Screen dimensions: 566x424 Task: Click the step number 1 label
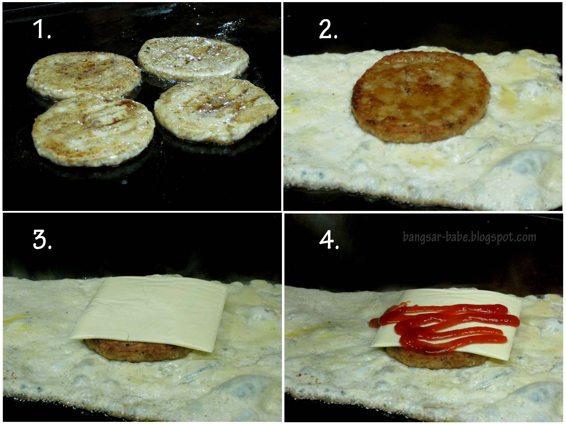click(42, 29)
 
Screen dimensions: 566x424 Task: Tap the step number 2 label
click(328, 29)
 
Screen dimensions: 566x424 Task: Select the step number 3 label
click(42, 240)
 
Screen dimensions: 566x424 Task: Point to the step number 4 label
click(329, 240)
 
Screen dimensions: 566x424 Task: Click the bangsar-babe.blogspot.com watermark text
click(469, 237)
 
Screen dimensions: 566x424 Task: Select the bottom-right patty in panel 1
click(216, 111)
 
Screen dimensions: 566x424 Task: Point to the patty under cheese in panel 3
click(138, 350)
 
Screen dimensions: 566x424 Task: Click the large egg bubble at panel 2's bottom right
click(526, 165)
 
